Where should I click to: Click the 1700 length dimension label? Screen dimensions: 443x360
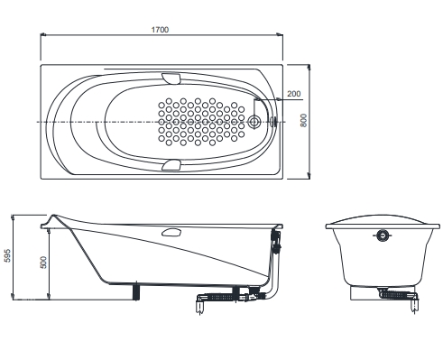[160, 30]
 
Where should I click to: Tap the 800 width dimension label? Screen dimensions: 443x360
[304, 120]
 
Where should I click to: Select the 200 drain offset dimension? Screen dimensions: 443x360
[293, 94]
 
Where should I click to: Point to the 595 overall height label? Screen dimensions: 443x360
[7, 255]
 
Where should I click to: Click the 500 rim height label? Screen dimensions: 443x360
[43, 263]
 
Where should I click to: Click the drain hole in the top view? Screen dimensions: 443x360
[254, 122]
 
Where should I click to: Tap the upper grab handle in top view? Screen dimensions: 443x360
[171, 78]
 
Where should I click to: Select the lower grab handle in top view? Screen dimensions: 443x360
[171, 165]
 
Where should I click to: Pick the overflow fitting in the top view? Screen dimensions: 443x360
[273, 122]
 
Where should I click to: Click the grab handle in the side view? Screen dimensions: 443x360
[171, 232]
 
